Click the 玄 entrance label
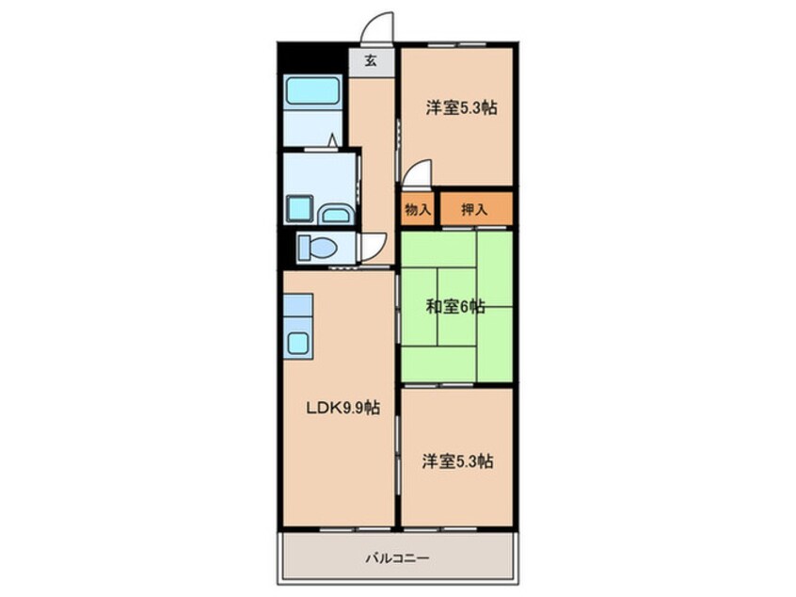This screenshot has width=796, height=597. pos(371,61)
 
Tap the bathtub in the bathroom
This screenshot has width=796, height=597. pos(312,91)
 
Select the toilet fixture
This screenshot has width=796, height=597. pos(317,248)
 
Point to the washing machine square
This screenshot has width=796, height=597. pos(299,208)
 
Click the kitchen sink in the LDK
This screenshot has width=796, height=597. pos(298,343)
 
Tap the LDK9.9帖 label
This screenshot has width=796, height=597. pos(342,408)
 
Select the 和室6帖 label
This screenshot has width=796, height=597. pos(454,306)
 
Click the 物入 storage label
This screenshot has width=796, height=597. pos(418,209)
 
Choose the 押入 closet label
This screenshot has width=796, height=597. pos(474,209)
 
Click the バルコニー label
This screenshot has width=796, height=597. pos(397,558)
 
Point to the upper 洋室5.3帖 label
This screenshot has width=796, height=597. pos(461,107)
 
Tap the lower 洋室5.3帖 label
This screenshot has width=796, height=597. pos(457,461)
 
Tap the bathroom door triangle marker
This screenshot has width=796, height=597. pos(332,139)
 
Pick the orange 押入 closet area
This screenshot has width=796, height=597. pos(476,208)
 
